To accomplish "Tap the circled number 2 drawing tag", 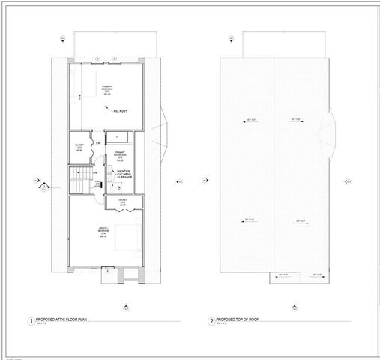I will point(211,322).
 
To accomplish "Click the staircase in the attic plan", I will point(79,181).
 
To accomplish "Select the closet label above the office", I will point(123,202).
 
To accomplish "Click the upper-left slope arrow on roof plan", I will point(247,119).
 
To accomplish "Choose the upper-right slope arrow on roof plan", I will point(296,119).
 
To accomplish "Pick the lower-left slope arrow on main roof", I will point(247,219).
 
